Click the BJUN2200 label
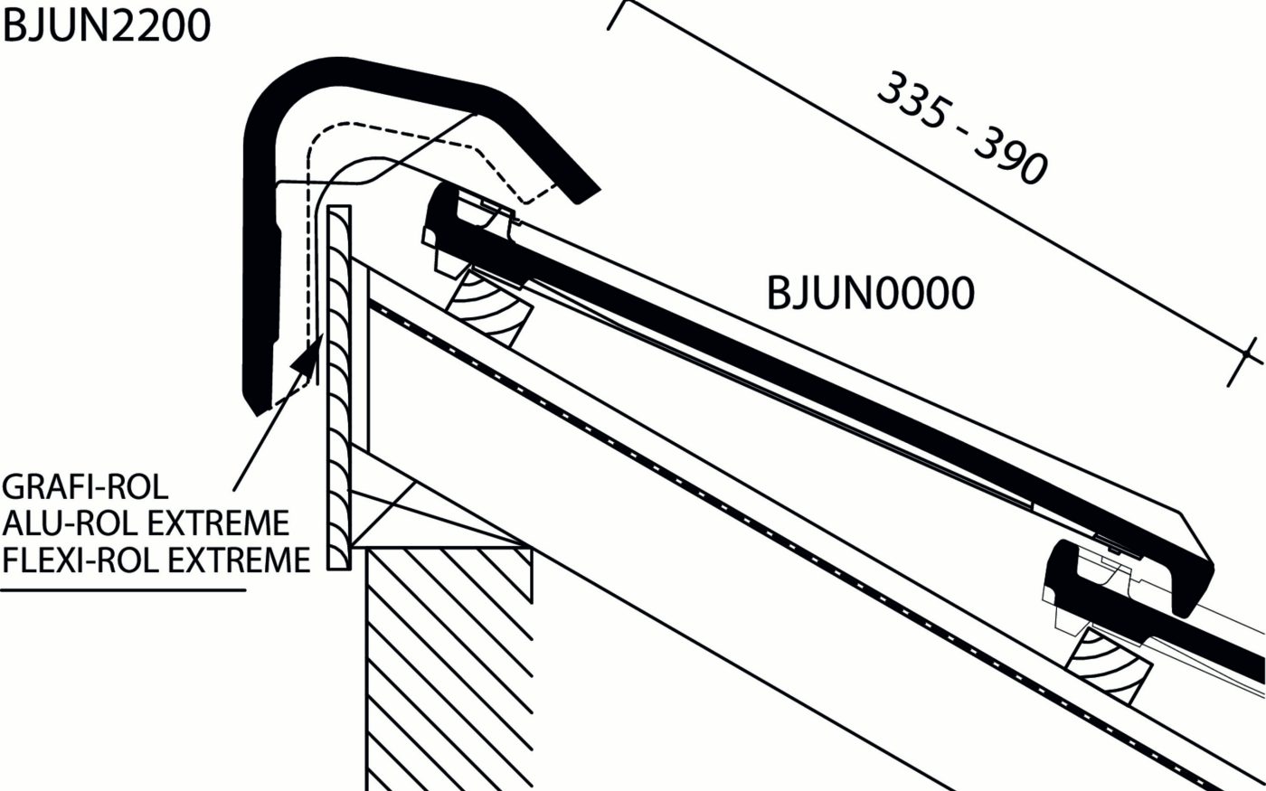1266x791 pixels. [x=107, y=25]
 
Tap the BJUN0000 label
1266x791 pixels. [x=870, y=294]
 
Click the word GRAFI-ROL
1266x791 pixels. [x=85, y=487]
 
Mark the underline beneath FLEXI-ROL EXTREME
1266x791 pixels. [x=123, y=591]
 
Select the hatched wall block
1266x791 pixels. [x=448, y=669]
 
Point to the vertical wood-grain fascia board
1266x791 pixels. [x=339, y=389]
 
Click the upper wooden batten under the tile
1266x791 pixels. [x=489, y=307]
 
